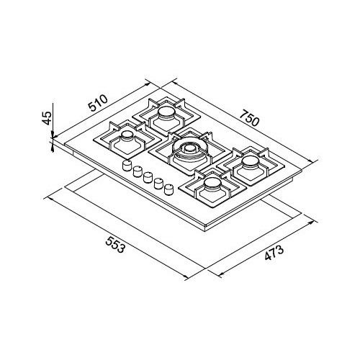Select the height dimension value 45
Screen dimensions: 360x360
[x=46, y=120]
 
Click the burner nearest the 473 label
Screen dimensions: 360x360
[x=212, y=186]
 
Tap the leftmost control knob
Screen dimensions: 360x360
[x=125, y=166]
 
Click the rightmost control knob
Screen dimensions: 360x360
[x=169, y=189]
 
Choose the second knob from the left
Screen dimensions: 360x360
[x=136, y=171]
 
